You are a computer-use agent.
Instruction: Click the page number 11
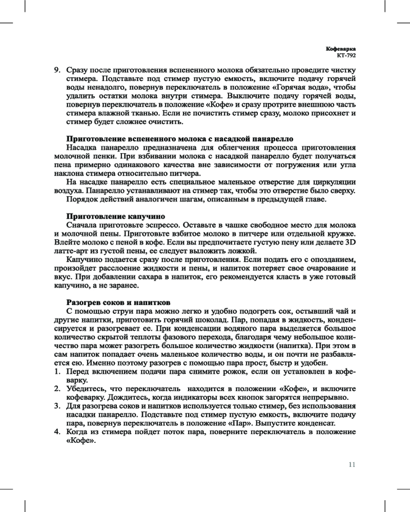(x=352, y=465)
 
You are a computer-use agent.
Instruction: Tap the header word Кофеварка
(x=341, y=48)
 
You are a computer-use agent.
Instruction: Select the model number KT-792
(x=346, y=55)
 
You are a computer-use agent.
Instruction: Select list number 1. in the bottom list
(x=58, y=372)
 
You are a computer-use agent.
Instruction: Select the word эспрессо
(x=172, y=225)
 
